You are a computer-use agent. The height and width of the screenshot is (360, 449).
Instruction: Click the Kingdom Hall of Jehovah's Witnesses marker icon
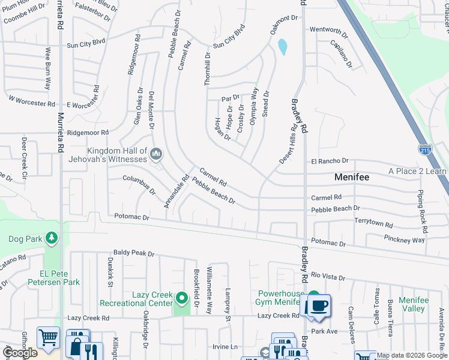156,154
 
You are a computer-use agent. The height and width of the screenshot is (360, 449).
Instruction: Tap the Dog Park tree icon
52,239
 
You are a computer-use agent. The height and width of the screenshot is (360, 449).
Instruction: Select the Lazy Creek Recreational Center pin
181,298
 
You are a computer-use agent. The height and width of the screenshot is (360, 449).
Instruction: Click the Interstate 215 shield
424,148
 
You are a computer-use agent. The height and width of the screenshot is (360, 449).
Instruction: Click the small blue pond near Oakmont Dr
282,46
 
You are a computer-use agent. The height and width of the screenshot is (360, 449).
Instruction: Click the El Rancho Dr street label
330,161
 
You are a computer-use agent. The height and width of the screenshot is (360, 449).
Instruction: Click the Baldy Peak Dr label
134,254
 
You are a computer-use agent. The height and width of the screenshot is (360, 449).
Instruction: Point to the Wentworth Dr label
328,30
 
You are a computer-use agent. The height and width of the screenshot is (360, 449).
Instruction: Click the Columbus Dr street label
139,185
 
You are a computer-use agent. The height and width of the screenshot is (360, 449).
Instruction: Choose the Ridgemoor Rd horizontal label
88,133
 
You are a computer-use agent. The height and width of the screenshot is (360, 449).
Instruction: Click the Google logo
20,353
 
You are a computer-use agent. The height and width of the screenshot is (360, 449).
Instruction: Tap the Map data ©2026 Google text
412,355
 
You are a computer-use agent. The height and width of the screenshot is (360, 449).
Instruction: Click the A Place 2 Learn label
418,171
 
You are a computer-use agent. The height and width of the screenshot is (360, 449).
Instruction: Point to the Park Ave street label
325,331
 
